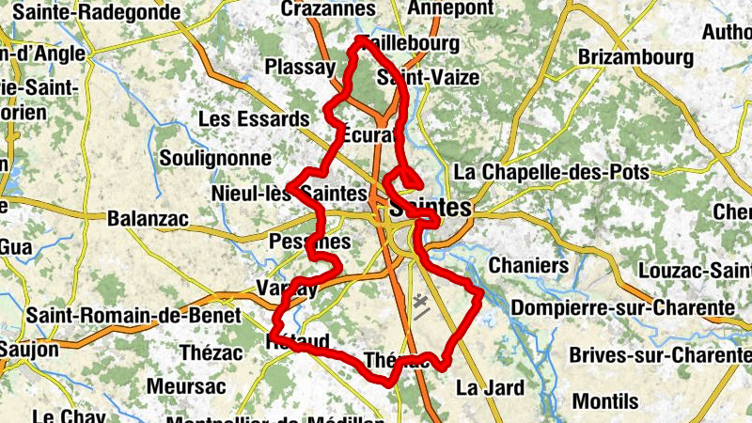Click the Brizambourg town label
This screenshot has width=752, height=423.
coord(635,57)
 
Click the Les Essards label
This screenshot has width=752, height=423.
coord(254,119)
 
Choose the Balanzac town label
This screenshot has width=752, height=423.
coord(149,219)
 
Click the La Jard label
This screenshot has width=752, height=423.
coord(486,386)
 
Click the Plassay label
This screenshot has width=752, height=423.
coord(300,68)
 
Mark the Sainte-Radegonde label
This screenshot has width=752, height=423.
coord(91,12)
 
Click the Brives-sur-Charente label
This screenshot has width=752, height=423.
coord(658,356)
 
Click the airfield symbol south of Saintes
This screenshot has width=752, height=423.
coord(420,305)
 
